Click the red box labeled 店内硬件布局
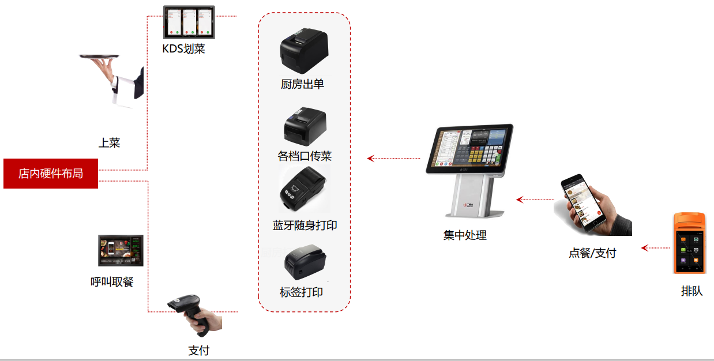point(51,174)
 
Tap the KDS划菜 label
point(183,49)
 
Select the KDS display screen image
point(189,22)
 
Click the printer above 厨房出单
point(304,50)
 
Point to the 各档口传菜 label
point(305,156)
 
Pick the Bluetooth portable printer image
point(303,189)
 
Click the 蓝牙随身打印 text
point(305,225)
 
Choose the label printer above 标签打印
point(305,262)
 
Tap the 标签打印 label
point(301,292)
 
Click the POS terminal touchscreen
point(470,148)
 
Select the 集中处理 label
point(465,235)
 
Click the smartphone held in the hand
point(583,202)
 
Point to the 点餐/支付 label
point(592,253)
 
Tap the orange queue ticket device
point(689,243)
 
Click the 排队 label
point(692,291)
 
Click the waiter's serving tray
point(99,57)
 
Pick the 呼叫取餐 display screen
point(121,250)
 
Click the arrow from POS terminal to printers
point(394,159)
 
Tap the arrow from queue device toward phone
point(655,248)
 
